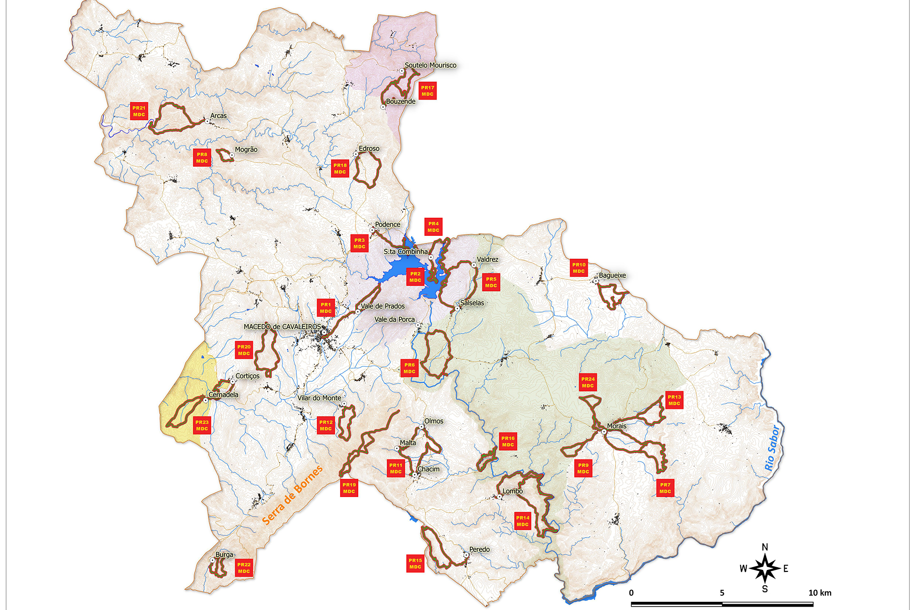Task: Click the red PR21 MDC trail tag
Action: point(139,111)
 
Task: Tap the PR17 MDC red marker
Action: point(427,91)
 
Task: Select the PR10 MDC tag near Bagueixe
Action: point(579,268)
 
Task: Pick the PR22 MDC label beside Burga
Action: point(244,568)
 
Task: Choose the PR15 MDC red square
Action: point(415,563)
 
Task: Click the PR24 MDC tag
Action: point(588,382)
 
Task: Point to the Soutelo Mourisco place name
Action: point(430,65)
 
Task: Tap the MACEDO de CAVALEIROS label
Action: point(282,326)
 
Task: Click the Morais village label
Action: point(616,426)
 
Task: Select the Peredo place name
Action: point(479,549)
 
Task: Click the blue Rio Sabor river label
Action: point(772,448)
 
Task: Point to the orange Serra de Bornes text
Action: point(292,495)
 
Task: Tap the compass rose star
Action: point(765,568)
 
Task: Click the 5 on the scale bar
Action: point(722,593)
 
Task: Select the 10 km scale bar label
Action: point(820,593)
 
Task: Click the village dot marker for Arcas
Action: point(207,121)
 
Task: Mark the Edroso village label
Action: point(369,149)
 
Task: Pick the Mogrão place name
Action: point(246,150)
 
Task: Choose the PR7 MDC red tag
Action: point(665,488)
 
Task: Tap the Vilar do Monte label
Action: point(319,398)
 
